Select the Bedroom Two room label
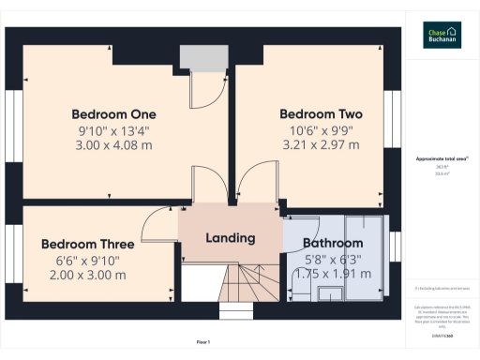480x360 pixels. point(321,113)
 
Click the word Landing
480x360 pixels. point(230,238)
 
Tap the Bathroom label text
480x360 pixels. point(332,244)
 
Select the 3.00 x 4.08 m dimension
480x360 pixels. point(113,145)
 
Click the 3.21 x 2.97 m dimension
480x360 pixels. point(321,145)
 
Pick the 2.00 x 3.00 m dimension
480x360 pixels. point(85,275)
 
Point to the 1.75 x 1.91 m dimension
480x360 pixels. point(332,275)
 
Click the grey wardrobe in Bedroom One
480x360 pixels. point(198,58)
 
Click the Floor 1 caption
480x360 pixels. point(203,342)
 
